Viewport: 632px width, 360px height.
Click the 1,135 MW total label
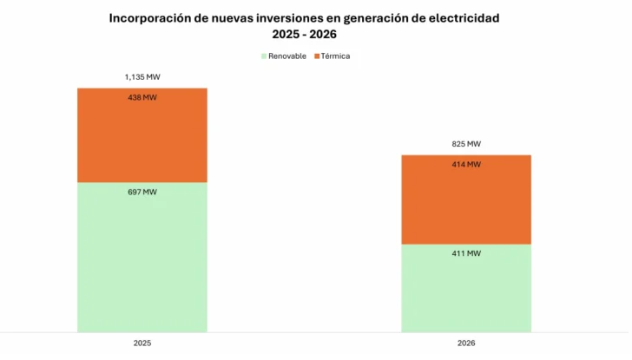click(142, 77)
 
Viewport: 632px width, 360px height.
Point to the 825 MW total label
click(466, 144)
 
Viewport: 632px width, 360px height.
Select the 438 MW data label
click(142, 98)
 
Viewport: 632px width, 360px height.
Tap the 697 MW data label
click(142, 193)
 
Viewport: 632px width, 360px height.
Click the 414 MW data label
click(466, 165)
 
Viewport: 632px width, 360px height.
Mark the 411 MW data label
click(466, 254)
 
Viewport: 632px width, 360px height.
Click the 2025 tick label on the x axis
click(142, 344)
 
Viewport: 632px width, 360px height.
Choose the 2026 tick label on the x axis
click(466, 344)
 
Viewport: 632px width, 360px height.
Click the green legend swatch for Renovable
click(263, 56)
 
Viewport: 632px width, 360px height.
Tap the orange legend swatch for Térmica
click(315, 56)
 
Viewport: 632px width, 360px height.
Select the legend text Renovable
click(287, 56)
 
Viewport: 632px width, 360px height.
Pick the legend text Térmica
click(335, 56)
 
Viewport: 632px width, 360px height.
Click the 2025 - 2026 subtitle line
click(304, 35)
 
